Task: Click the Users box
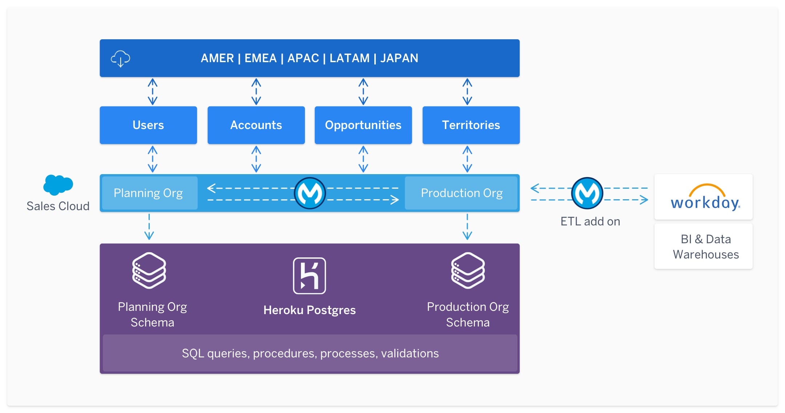coord(148,125)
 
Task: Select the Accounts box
coord(256,125)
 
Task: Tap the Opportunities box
coord(363,125)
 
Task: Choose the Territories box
coord(471,125)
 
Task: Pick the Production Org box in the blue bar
coord(461,193)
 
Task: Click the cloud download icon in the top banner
coord(120,59)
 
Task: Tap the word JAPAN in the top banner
coord(399,58)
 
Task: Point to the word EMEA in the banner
coord(260,58)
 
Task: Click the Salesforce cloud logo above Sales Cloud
coord(58,185)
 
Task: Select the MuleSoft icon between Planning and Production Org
coord(310,193)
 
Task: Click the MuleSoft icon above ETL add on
coord(587,193)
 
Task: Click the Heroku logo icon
coord(309,276)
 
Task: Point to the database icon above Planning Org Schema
coord(149,270)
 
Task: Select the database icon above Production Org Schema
coord(468,270)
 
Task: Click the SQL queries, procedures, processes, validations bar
coord(310,353)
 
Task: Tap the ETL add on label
coord(590,221)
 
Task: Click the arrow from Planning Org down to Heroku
coord(149,227)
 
